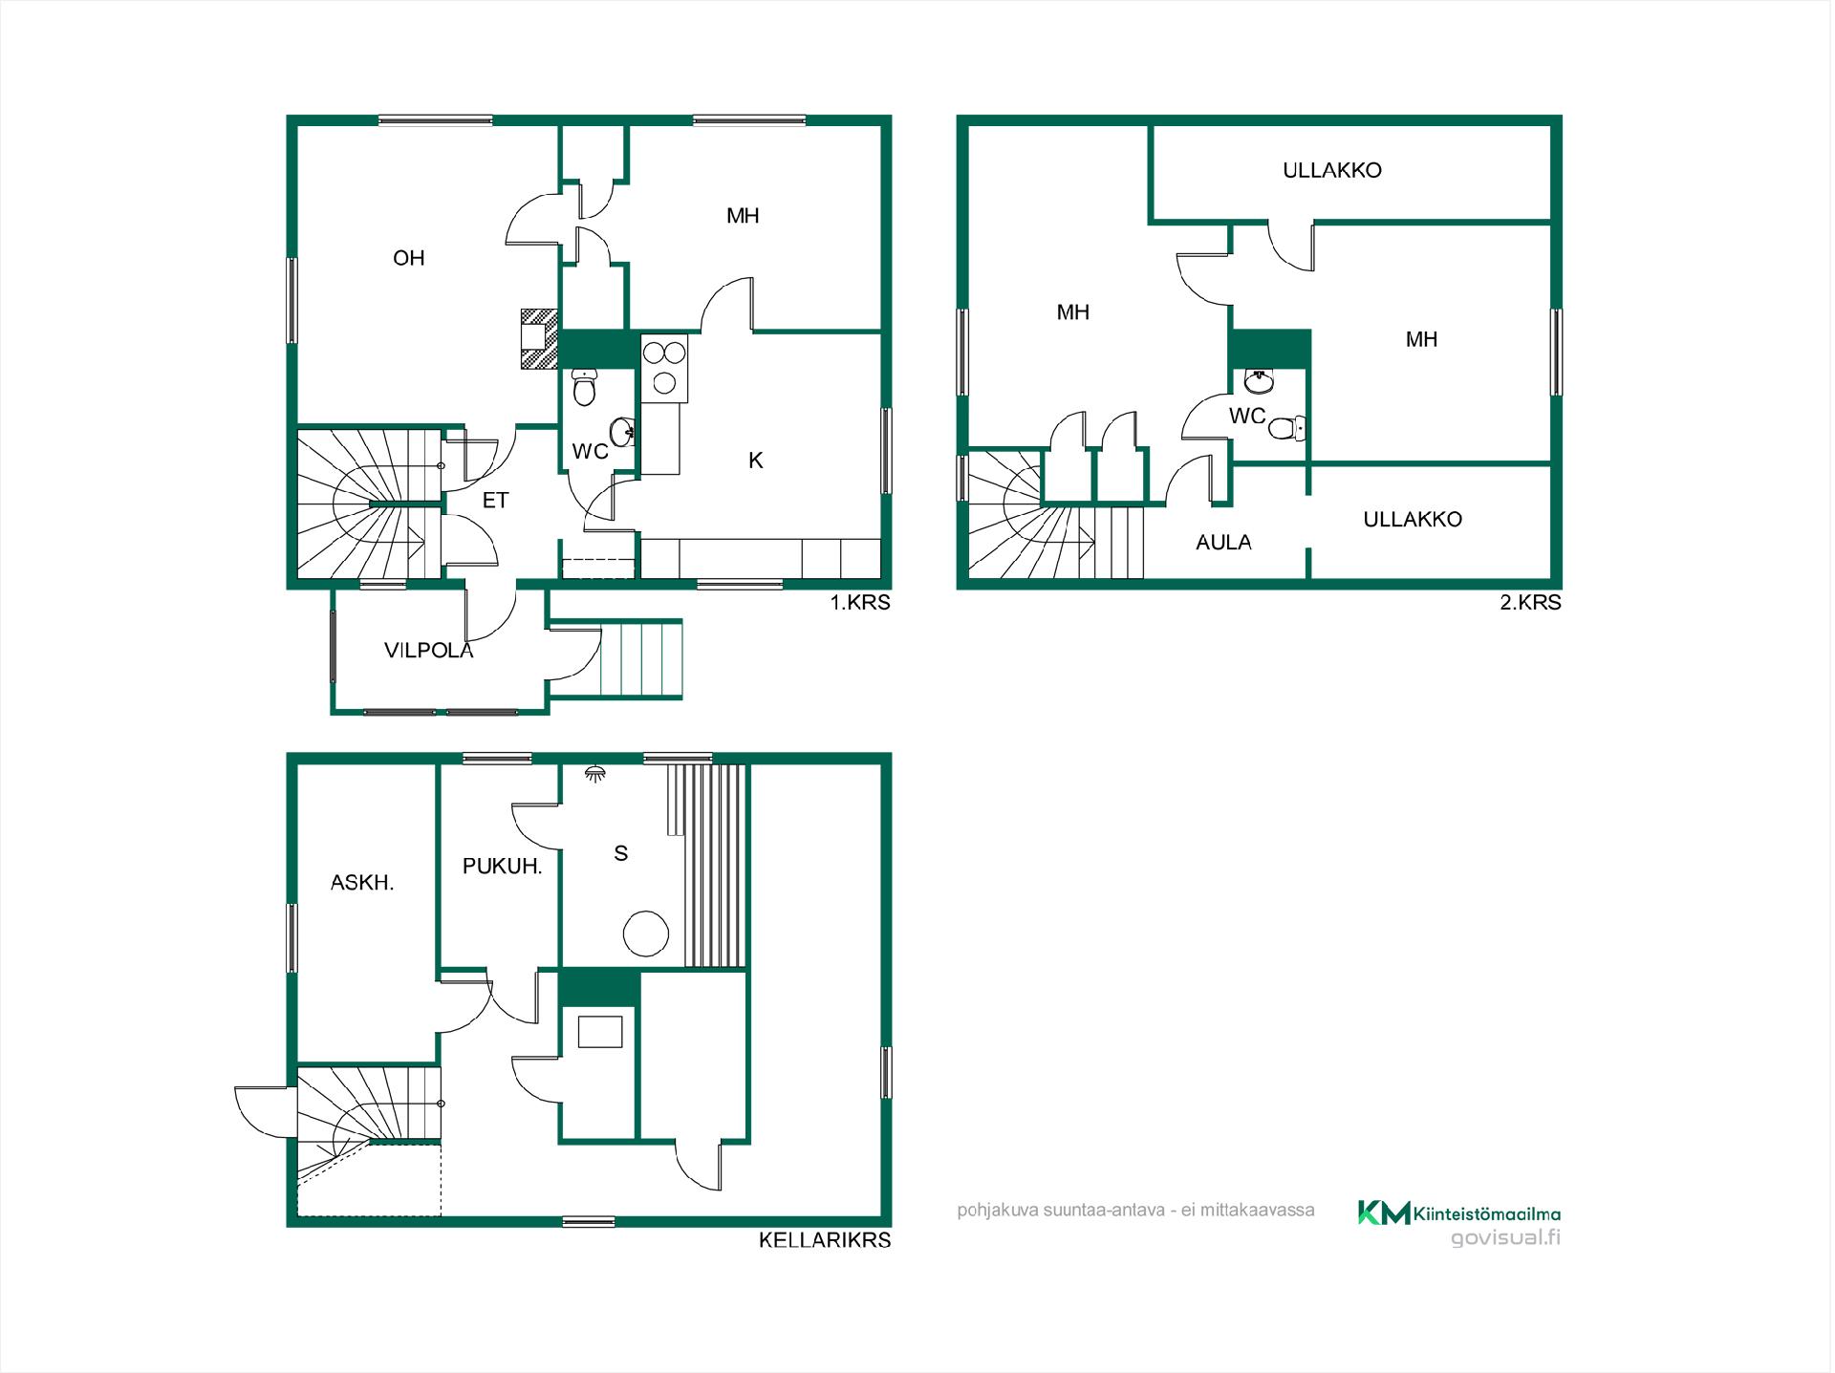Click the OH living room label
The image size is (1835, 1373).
point(408,258)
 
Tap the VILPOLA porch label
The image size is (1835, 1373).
point(428,651)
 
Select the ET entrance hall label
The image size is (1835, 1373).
point(495,501)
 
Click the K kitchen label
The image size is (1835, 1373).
point(756,461)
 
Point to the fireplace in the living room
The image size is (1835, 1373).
point(539,338)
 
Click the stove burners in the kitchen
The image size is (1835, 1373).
point(664,366)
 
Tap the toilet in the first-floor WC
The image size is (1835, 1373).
point(584,386)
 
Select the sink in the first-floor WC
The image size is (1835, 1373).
point(623,432)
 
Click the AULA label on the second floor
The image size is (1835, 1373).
point(1223,543)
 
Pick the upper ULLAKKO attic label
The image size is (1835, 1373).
point(1332,171)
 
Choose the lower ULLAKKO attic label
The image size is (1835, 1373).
point(1413,520)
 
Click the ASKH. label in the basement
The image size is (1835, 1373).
point(362,883)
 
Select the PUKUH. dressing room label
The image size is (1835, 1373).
point(503,867)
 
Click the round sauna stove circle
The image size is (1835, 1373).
point(646,933)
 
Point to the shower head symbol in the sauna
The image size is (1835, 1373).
point(595,773)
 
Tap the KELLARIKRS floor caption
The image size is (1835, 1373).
point(825,1240)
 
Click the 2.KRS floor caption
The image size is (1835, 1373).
point(1530,603)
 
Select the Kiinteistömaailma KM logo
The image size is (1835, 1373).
point(1459,1213)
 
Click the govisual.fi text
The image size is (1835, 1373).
point(1505,1238)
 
